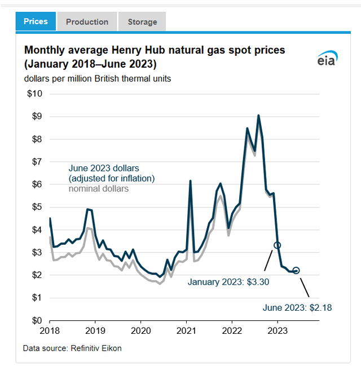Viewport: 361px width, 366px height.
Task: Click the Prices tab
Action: [36, 22]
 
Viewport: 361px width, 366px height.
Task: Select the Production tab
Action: [87, 22]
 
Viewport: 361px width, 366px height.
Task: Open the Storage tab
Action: [142, 22]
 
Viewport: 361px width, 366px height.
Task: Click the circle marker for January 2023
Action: [277, 245]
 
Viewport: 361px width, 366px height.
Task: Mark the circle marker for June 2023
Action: [296, 271]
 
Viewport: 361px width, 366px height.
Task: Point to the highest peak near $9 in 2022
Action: [258, 116]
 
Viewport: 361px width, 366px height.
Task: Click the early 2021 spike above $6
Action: [190, 181]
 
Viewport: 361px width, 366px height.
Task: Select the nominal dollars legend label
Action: [98, 189]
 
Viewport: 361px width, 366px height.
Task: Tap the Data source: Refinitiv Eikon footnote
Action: [72, 348]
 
